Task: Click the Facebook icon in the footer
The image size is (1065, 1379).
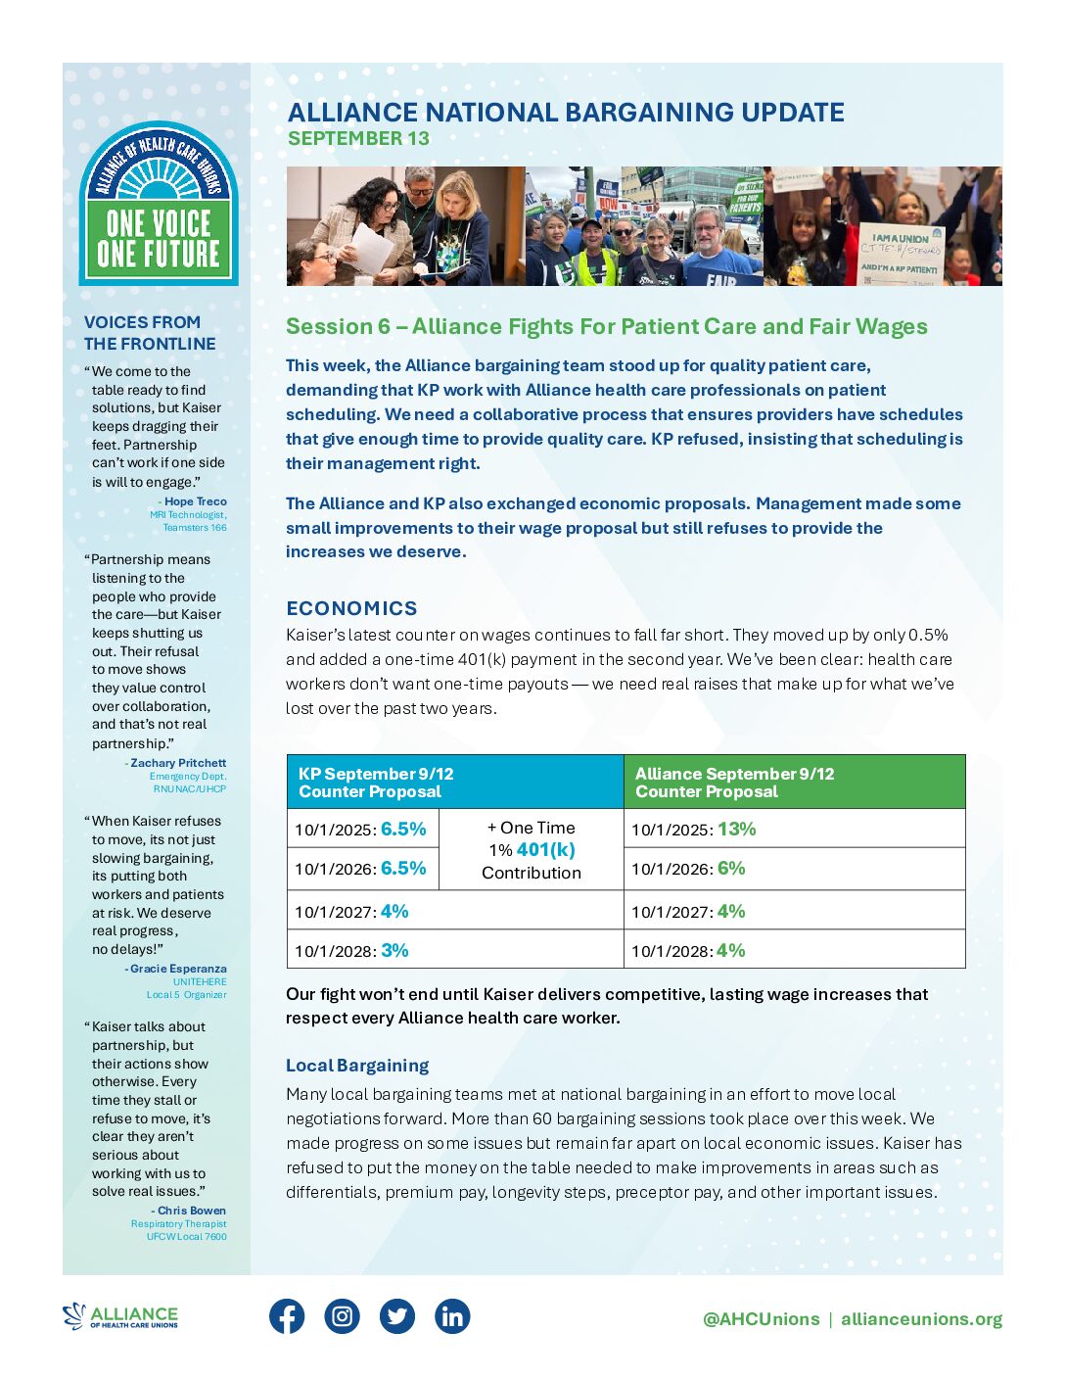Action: point(287,1316)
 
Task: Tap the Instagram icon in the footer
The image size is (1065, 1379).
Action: point(342,1316)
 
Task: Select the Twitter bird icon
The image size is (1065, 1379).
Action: point(397,1316)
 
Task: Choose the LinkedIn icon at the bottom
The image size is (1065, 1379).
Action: point(452,1316)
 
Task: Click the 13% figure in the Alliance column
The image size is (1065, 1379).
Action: point(736,829)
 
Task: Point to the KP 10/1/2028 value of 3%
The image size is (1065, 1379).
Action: point(394,950)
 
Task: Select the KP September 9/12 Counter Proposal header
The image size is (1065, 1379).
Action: point(376,782)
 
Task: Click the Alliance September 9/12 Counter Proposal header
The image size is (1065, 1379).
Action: point(734,782)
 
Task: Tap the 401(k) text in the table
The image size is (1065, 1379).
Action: point(545,850)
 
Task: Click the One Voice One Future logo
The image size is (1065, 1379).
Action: point(159,205)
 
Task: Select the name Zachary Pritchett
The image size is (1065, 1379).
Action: point(178,763)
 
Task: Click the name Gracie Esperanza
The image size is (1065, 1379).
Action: point(178,969)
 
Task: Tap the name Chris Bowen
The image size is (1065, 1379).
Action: point(191,1211)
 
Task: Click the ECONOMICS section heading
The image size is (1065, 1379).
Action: point(351,608)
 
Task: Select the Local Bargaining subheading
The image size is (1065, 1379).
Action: point(357,1066)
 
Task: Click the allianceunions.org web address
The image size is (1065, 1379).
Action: point(921,1319)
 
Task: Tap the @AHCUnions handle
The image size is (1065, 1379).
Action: point(761,1319)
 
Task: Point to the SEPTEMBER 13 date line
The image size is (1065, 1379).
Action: point(358,139)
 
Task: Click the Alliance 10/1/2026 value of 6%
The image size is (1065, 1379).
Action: point(731,868)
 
